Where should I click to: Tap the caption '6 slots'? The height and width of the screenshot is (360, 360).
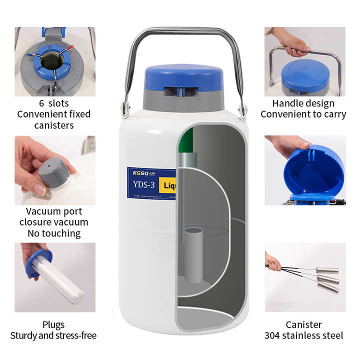click(x=55, y=103)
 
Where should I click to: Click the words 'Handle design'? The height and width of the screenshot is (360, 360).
click(x=303, y=103)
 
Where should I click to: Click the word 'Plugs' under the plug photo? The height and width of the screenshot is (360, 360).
click(x=53, y=324)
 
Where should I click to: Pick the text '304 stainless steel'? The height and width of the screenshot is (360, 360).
click(x=303, y=335)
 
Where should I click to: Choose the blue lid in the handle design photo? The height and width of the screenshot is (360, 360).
click(x=304, y=75)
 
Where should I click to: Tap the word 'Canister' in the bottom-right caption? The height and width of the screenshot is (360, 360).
click(x=303, y=324)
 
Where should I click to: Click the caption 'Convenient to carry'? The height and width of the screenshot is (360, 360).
click(x=303, y=114)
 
